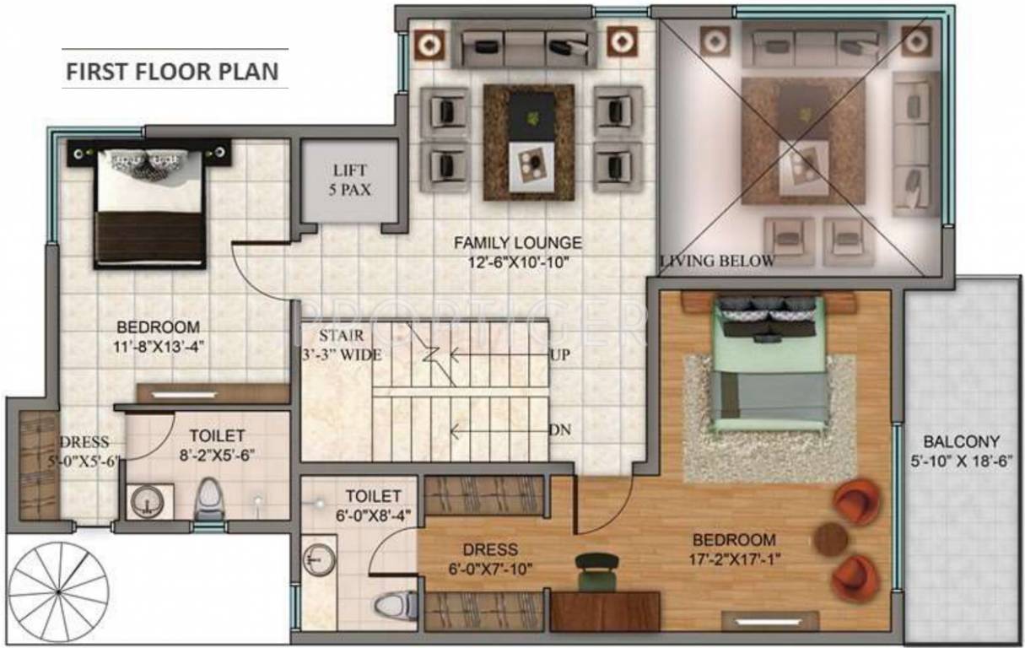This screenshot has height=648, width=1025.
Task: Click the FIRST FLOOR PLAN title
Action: (172, 70)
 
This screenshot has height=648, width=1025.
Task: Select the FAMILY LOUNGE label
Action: (517, 243)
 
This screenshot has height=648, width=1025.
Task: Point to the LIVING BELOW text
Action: (717, 261)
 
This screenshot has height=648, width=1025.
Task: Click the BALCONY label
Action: (961, 441)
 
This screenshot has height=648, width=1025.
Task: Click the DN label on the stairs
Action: (559, 430)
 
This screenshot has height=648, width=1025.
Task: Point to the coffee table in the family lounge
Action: (529, 143)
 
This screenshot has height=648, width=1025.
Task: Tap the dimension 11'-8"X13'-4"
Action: (158, 345)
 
